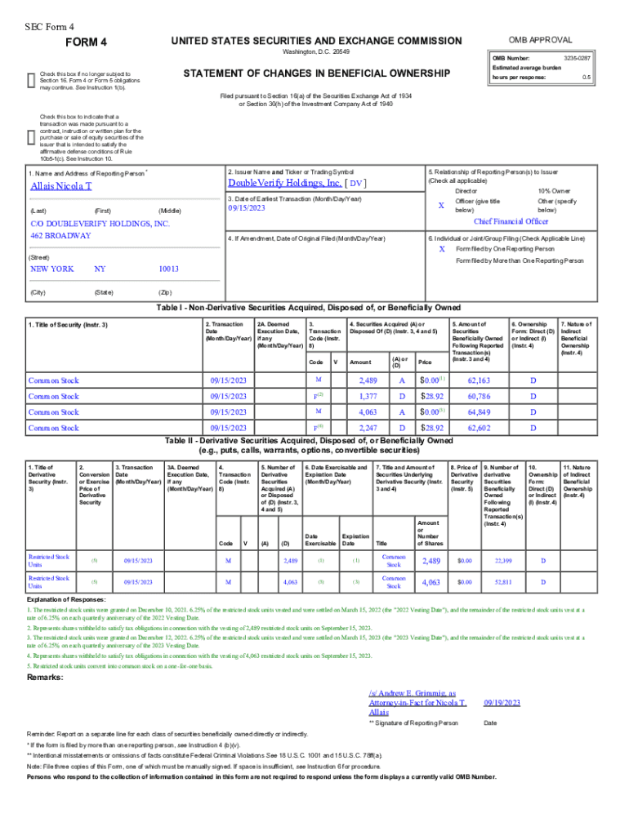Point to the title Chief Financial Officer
tap(511, 220)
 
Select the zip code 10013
tap(168, 269)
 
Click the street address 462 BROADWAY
tap(60, 235)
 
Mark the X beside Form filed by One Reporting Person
tap(442, 248)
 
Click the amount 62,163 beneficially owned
tap(479, 380)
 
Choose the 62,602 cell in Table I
tap(479, 427)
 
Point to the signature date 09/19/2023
tap(502, 702)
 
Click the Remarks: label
tap(47, 678)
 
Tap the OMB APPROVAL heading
tap(540, 40)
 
